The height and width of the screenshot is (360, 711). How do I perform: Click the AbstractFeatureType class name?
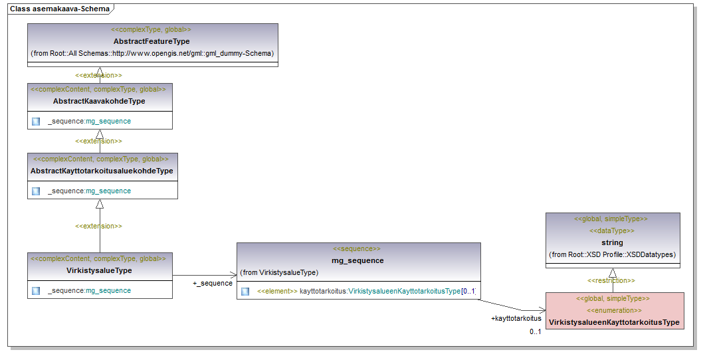pyautogui.click(x=152, y=41)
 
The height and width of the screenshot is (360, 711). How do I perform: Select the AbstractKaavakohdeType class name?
pyautogui.click(x=99, y=101)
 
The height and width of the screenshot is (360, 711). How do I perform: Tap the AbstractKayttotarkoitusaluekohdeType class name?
pyautogui.click(x=102, y=171)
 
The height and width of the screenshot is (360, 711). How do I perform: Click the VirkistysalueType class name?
pyautogui.click(x=99, y=270)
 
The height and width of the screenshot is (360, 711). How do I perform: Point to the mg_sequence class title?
pyautogui.click(x=357, y=260)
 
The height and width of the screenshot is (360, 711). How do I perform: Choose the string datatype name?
pyautogui.click(x=612, y=242)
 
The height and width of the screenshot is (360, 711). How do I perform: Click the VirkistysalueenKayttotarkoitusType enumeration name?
pyautogui.click(x=614, y=322)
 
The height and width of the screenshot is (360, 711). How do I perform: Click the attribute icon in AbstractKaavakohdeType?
pyautogui.click(x=36, y=122)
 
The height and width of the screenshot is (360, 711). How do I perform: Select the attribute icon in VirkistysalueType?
pyautogui.click(x=36, y=290)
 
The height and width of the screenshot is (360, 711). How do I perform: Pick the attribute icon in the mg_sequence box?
pyautogui.click(x=245, y=292)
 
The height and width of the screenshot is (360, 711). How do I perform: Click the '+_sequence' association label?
pyautogui.click(x=212, y=283)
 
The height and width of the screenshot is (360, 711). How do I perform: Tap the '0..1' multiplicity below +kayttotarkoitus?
pyautogui.click(x=535, y=331)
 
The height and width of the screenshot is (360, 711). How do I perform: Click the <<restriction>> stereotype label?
pyautogui.click(x=611, y=280)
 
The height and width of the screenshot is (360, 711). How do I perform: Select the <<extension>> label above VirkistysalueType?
pyautogui.click(x=99, y=226)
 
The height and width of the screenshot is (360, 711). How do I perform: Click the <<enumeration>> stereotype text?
pyautogui.click(x=614, y=310)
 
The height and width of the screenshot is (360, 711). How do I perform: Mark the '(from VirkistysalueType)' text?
pyautogui.click(x=279, y=272)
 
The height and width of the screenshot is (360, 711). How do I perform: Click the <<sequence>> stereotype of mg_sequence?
pyautogui.click(x=357, y=248)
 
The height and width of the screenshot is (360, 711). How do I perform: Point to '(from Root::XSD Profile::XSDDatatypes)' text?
pyautogui.click(x=612, y=254)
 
